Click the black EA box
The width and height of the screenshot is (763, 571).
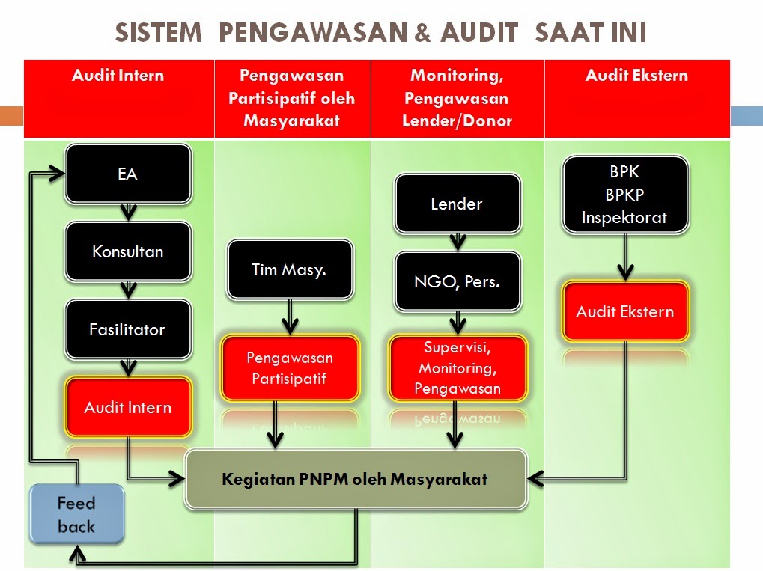(x=128, y=174)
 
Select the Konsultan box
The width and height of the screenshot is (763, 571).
(x=128, y=251)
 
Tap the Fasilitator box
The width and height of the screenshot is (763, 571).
(x=128, y=329)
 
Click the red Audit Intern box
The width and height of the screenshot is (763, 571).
(x=128, y=407)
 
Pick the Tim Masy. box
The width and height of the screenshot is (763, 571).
(x=289, y=270)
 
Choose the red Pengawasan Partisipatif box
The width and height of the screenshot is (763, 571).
(x=289, y=367)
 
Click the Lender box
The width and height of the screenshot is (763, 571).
(x=457, y=204)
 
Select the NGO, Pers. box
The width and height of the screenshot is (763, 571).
(x=457, y=282)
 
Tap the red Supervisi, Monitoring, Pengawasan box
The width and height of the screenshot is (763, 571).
(x=457, y=367)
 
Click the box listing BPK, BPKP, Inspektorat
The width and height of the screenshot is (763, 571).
(x=624, y=195)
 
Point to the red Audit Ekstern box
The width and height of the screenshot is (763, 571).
(x=624, y=312)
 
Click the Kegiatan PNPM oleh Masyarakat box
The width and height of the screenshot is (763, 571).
(x=355, y=479)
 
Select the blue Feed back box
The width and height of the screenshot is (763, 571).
(x=76, y=514)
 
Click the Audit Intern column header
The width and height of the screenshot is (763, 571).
(x=118, y=76)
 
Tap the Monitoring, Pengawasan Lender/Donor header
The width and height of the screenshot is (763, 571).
(x=457, y=98)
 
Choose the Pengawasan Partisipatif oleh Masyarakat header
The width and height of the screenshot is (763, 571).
(x=292, y=98)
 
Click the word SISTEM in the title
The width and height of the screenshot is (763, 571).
(x=158, y=33)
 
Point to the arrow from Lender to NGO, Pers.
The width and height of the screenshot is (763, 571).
(x=457, y=241)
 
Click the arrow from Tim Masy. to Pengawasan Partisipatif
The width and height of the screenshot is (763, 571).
(x=289, y=317)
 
